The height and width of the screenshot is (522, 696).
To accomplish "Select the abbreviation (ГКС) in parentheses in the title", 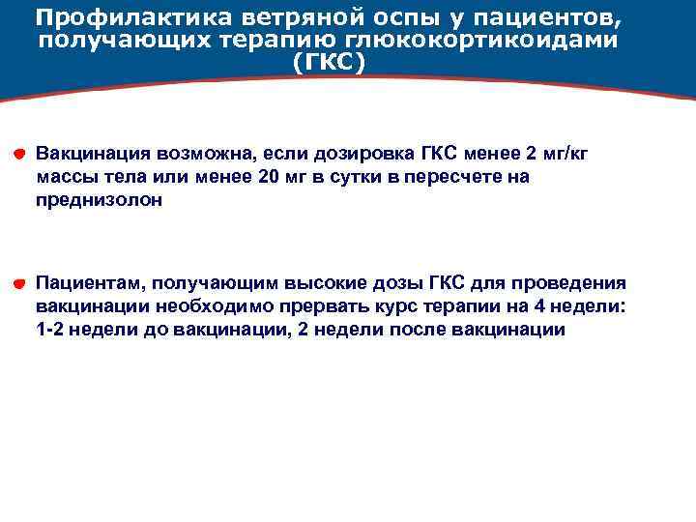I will point(329,63).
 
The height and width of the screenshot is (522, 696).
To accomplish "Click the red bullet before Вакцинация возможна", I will point(19,154).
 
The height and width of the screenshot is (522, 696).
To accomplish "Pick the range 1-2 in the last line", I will point(50,331).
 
